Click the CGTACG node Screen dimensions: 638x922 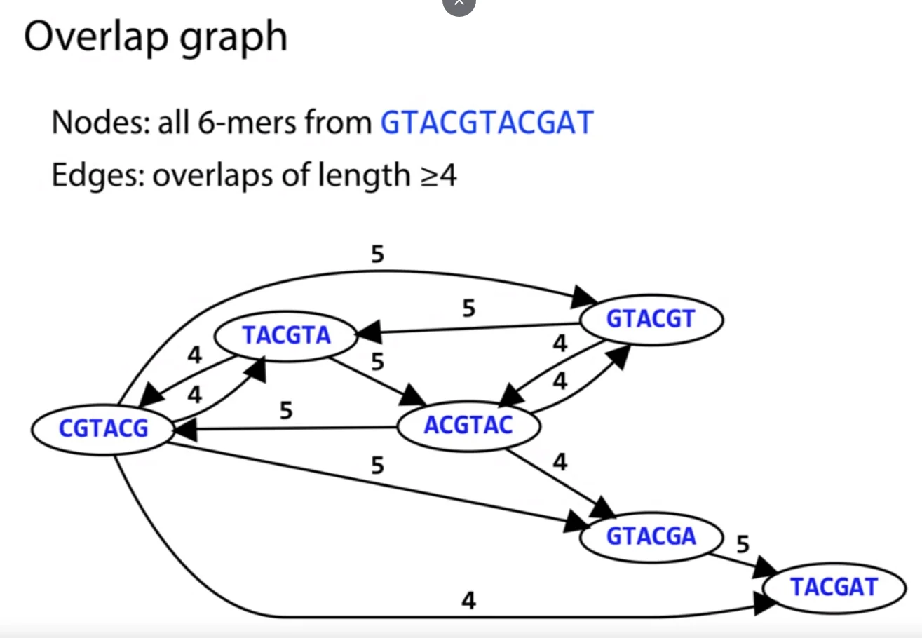104,428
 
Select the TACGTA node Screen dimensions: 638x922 286,336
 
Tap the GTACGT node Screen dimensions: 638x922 650,319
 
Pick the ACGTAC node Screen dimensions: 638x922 468,425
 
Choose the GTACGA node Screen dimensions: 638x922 651,536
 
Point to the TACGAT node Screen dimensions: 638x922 834,586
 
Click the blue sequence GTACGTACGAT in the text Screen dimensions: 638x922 487,123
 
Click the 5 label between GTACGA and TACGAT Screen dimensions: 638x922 743,544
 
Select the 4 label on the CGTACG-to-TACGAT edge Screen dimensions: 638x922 469,601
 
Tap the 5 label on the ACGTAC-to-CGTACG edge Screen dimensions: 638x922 285,411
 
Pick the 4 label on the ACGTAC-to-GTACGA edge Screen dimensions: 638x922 560,462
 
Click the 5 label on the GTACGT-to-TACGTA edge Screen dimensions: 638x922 469,308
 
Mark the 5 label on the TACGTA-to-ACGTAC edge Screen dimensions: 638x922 377,362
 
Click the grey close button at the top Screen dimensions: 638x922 459,4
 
